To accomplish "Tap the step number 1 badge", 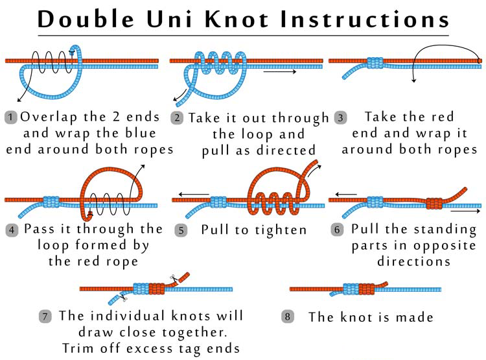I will point(11,117).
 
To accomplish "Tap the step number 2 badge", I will point(177,118).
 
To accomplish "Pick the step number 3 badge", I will point(340,118).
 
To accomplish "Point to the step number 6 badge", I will point(337,230).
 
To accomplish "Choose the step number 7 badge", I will point(45,317).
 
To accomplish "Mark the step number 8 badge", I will point(288,317).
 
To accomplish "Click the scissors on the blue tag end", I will point(122,298).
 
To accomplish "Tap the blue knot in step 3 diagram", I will point(375,63).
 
